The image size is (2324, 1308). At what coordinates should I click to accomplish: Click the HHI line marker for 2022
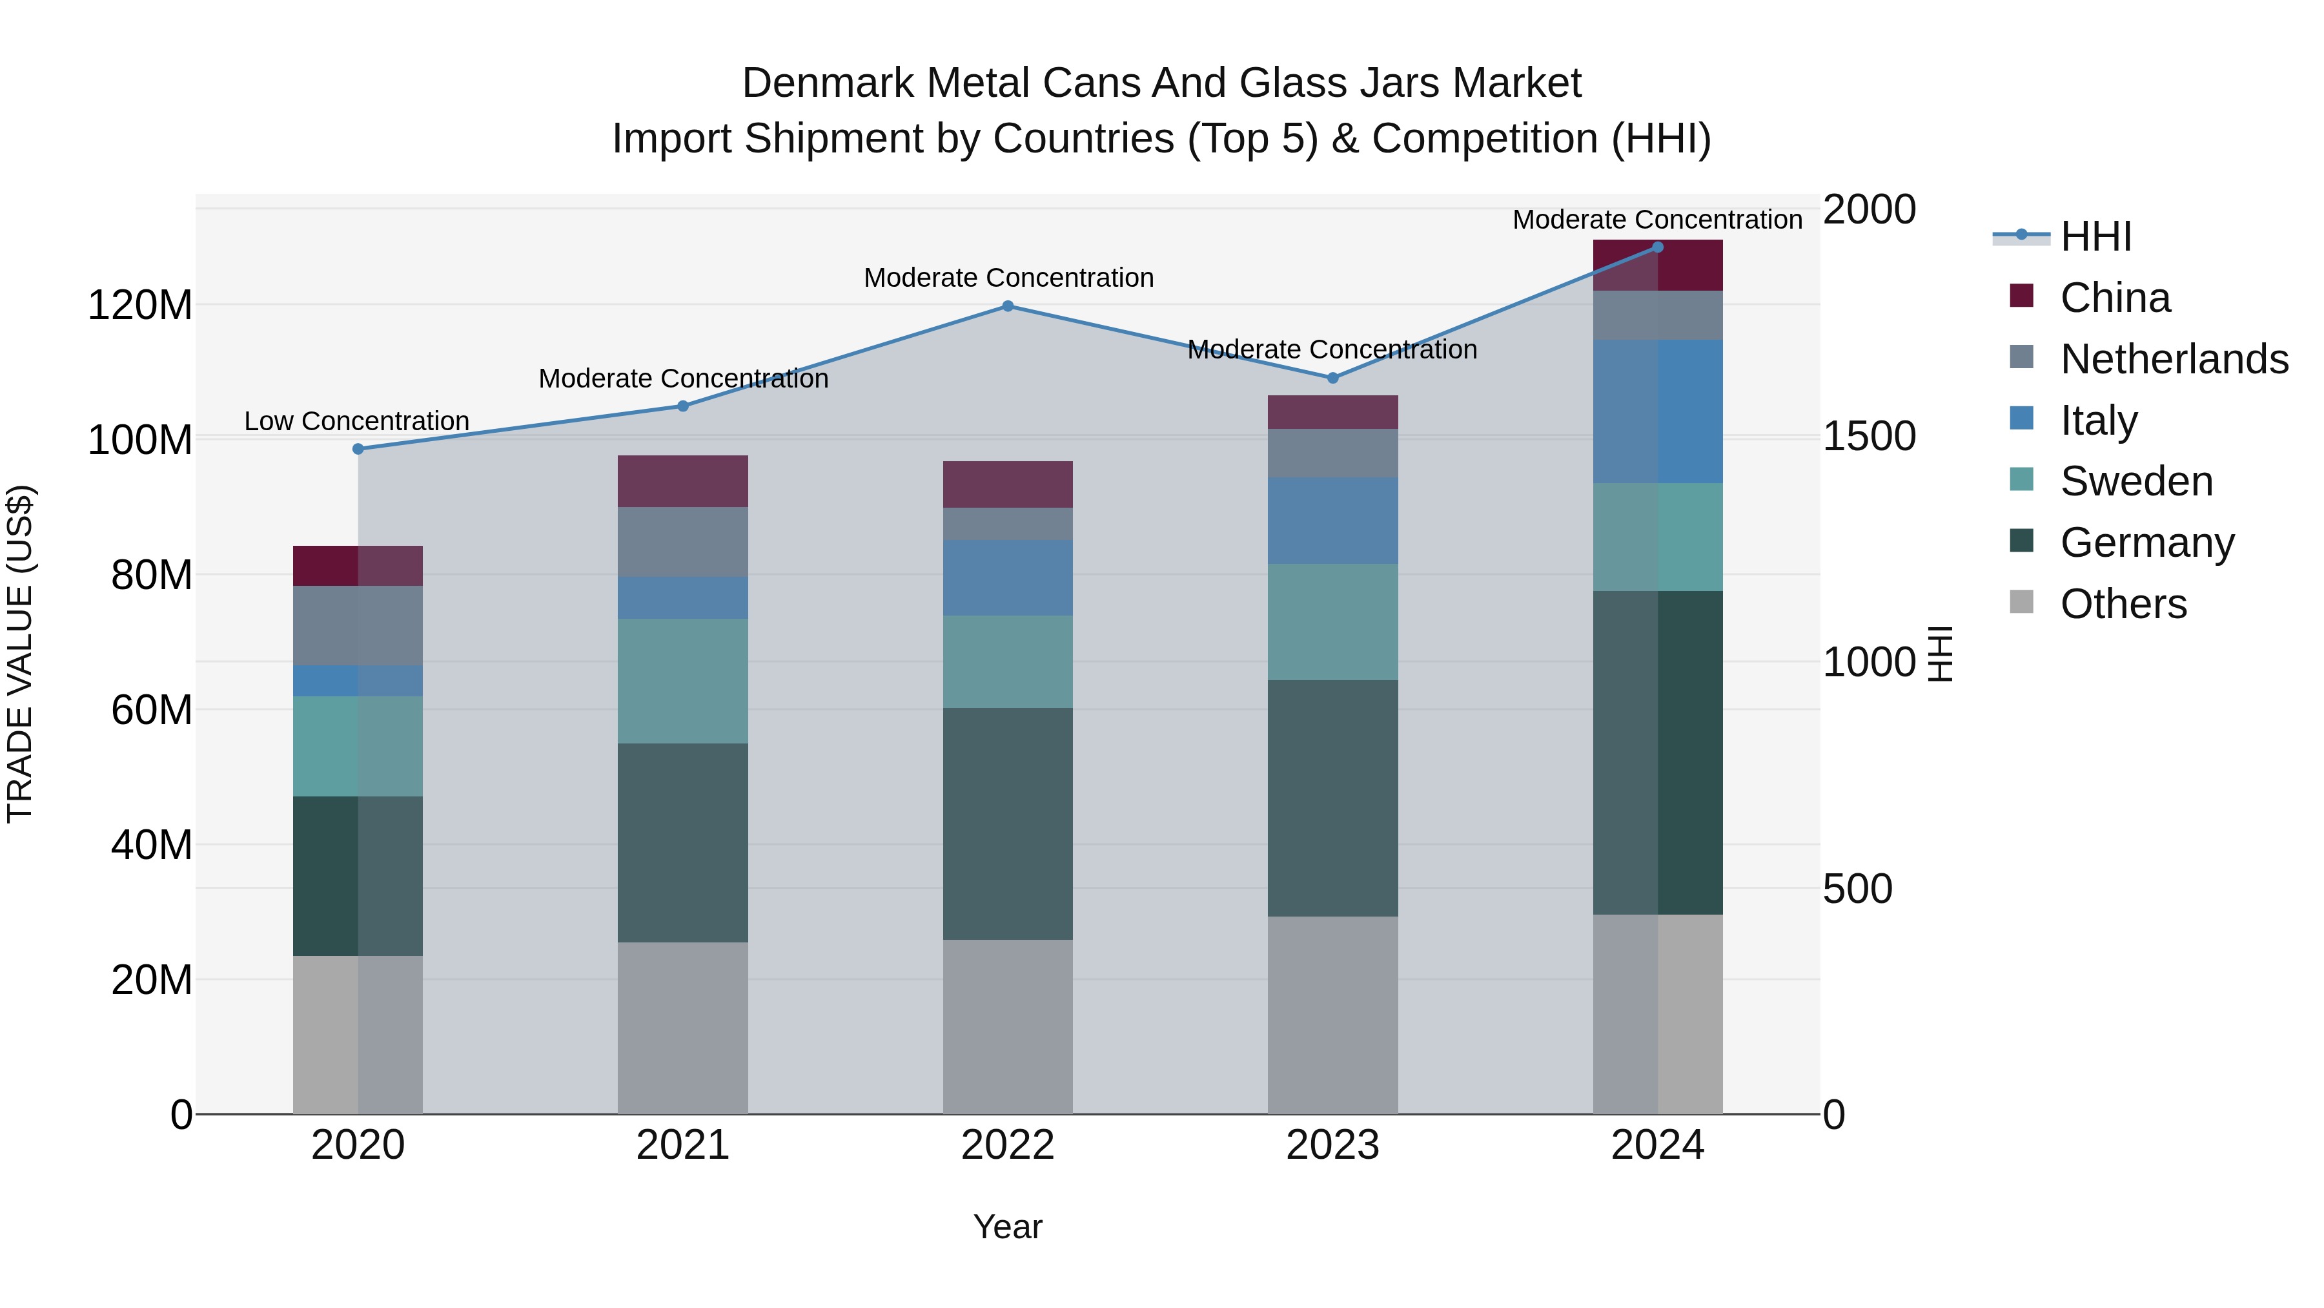click(x=1008, y=306)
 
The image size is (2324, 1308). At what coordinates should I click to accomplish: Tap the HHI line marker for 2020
click(x=358, y=449)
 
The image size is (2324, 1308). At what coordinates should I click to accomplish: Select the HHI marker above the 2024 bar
click(x=1657, y=247)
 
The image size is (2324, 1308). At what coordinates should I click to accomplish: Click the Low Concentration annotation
click(x=356, y=422)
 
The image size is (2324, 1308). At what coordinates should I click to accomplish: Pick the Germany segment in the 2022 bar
click(x=1008, y=824)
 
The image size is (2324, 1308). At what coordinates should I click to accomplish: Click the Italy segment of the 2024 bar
click(x=1657, y=411)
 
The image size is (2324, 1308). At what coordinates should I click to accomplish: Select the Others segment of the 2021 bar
click(x=683, y=1028)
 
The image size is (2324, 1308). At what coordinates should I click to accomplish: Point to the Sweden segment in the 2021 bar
click(x=683, y=681)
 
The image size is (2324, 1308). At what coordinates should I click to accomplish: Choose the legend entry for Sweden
click(x=2136, y=481)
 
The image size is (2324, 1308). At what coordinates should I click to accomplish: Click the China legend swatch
click(x=2022, y=296)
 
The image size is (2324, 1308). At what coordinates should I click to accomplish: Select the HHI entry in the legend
click(x=2095, y=236)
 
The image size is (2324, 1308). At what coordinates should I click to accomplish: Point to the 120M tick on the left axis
click(x=140, y=305)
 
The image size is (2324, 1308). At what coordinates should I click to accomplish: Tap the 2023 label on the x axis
click(x=1332, y=1145)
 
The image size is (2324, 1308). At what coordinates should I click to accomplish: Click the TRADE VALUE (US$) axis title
click(x=20, y=654)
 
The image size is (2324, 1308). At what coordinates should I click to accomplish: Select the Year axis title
click(x=1008, y=1227)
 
